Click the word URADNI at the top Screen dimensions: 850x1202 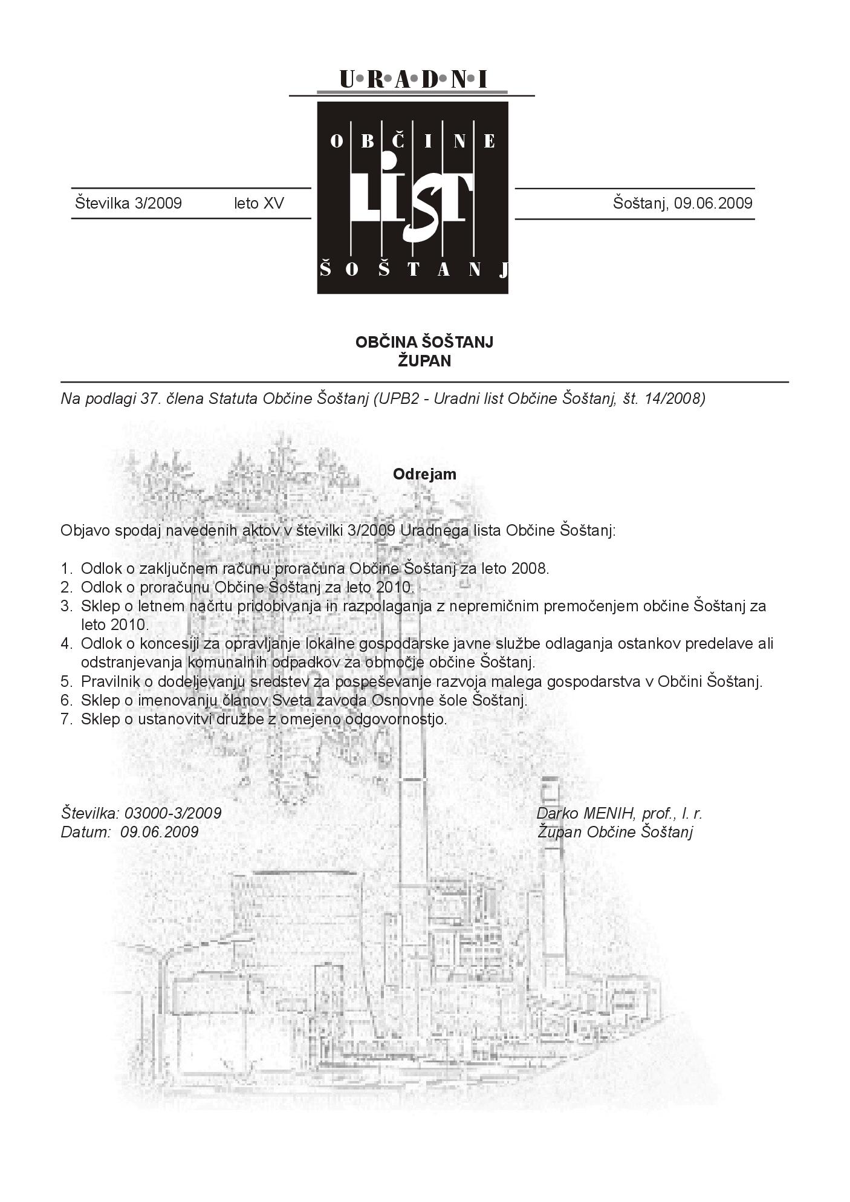(413, 79)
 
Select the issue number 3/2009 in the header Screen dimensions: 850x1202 (158, 203)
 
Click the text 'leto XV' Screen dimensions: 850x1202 (259, 203)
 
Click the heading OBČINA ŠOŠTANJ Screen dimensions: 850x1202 (424, 342)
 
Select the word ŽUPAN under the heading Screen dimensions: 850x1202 (424, 361)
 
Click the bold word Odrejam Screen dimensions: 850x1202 (424, 474)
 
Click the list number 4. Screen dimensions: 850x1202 (66, 643)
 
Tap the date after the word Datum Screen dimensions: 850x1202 (160, 832)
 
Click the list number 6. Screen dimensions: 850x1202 (66, 700)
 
